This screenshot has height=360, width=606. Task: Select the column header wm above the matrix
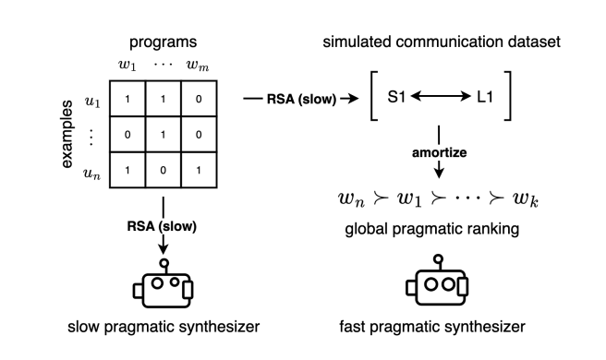click(198, 64)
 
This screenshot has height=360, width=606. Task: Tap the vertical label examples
click(67, 133)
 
